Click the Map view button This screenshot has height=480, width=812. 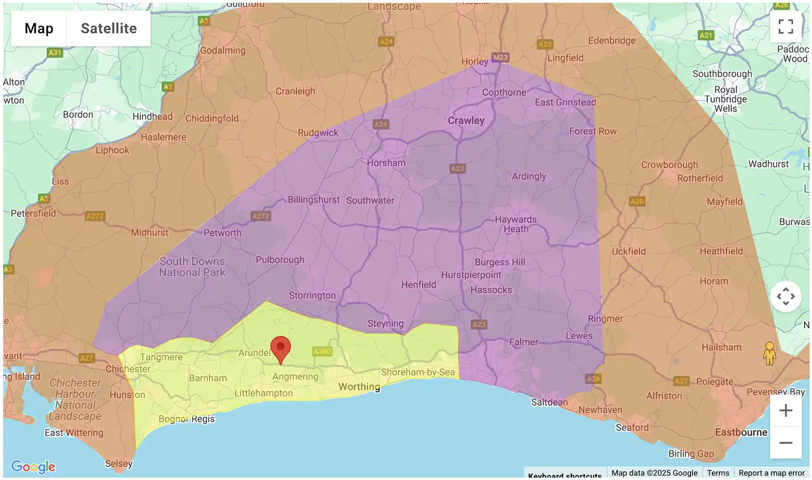pos(39,29)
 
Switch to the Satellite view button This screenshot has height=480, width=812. pos(109,29)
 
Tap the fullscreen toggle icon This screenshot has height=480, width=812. pos(785,27)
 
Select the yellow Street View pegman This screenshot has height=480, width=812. pos(769,353)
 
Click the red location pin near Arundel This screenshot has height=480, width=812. pos(280,348)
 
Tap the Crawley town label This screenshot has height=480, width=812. pos(466,120)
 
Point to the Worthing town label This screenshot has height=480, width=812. pos(359,387)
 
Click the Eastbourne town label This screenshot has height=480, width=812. pos(741,432)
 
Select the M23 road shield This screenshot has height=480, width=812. pos(500,57)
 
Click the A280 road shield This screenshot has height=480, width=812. pos(322,352)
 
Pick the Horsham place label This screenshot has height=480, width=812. pos(386,163)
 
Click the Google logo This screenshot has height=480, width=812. pos(33,466)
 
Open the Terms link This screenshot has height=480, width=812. pos(718,473)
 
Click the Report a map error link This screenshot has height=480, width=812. pos(771,473)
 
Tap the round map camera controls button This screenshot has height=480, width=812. pos(785,296)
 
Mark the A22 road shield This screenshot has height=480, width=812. pos(545,44)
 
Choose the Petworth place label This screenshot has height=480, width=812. pos(222,233)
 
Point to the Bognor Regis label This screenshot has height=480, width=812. pos(187,419)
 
